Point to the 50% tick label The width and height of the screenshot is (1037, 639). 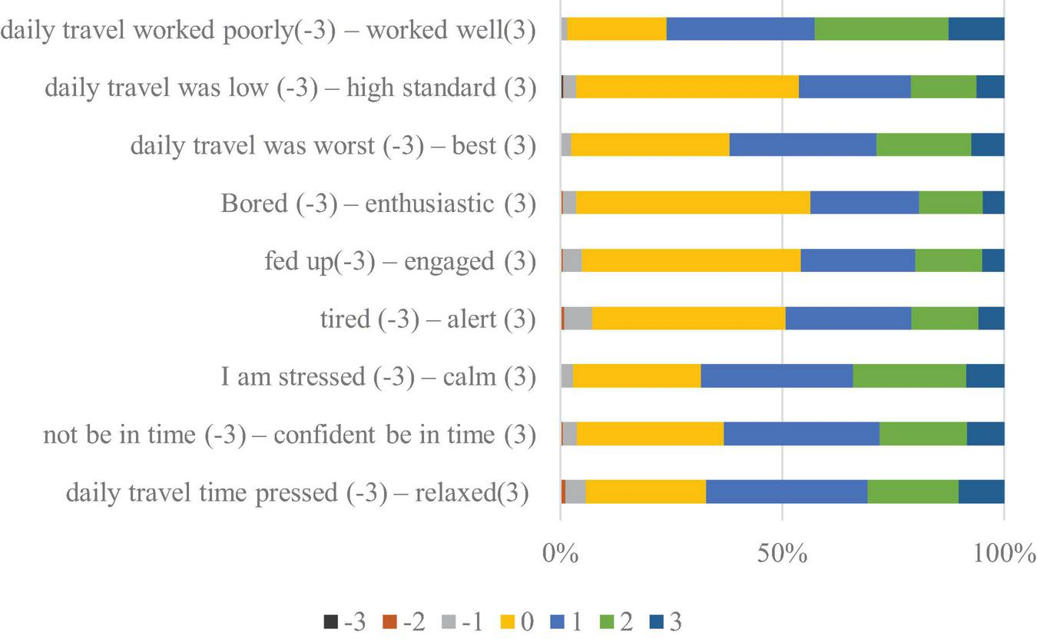tap(782, 553)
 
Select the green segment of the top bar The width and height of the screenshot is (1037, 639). tap(881, 29)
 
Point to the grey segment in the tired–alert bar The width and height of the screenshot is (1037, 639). tap(578, 318)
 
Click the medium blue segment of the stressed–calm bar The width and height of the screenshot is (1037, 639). tap(777, 376)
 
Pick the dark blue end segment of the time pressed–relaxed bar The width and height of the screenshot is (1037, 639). tap(981, 492)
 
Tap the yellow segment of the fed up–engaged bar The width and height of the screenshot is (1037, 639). tap(691, 260)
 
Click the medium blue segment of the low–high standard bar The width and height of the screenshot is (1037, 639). tap(854, 87)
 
